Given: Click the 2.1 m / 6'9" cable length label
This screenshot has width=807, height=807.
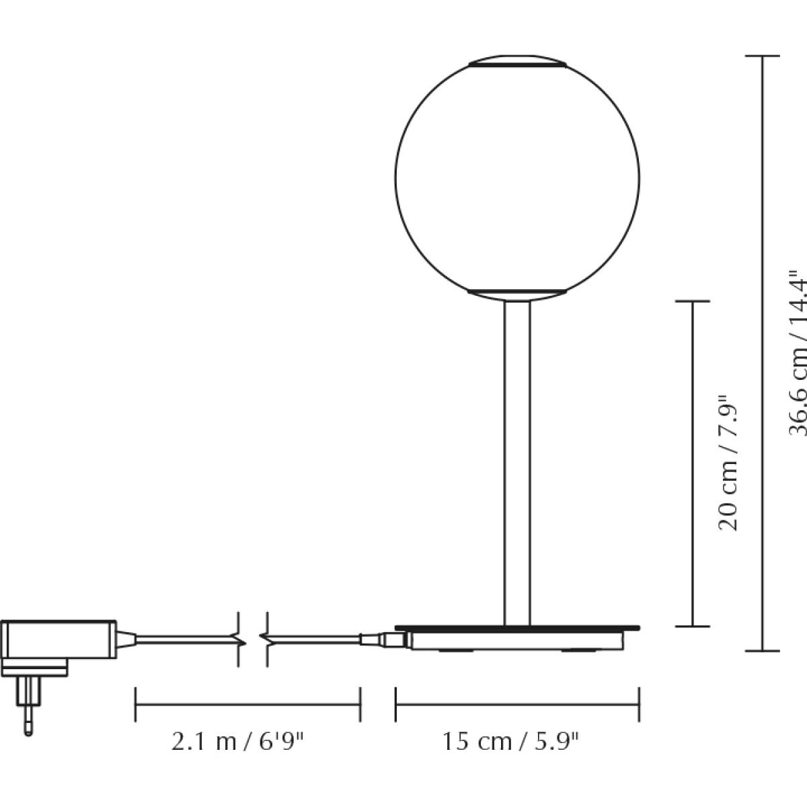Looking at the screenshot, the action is point(237,742).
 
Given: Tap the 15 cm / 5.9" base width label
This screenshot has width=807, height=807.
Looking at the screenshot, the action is point(510,742).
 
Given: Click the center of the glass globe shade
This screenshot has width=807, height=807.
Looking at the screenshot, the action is point(517,178).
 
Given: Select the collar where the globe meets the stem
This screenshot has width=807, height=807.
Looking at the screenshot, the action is point(517,295).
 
